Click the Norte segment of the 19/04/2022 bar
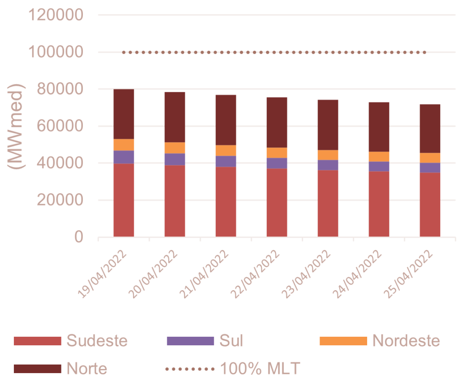124,114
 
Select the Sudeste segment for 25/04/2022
430,204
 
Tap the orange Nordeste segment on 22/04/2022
277,152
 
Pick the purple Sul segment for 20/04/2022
175,159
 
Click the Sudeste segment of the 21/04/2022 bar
226,202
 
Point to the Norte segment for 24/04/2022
379,126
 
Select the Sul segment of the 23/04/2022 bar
328,165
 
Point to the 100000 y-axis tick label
56,52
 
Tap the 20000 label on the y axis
61,200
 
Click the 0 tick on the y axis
79,237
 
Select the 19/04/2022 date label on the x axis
103,274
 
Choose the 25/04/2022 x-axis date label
409,274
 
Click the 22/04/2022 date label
256,274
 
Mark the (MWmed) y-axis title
17,126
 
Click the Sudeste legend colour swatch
37,341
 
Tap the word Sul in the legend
231,341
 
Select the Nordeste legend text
406,341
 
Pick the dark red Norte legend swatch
37,369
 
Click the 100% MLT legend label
260,369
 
